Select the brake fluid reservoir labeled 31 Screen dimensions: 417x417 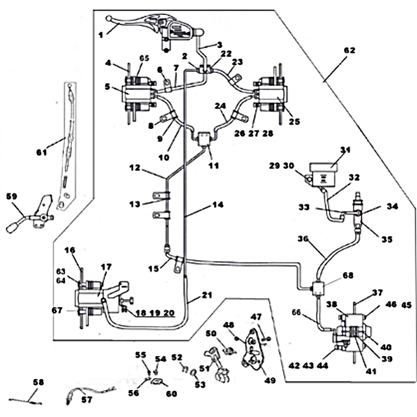click(x=323, y=170)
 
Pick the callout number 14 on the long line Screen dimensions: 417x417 click(x=217, y=205)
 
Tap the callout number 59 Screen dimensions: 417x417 click(x=11, y=197)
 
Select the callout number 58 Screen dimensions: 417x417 click(x=38, y=382)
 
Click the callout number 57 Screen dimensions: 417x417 click(x=86, y=400)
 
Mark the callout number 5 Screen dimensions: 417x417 click(x=107, y=88)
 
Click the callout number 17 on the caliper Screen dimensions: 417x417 click(x=106, y=267)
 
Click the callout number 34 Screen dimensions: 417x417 click(x=392, y=206)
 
